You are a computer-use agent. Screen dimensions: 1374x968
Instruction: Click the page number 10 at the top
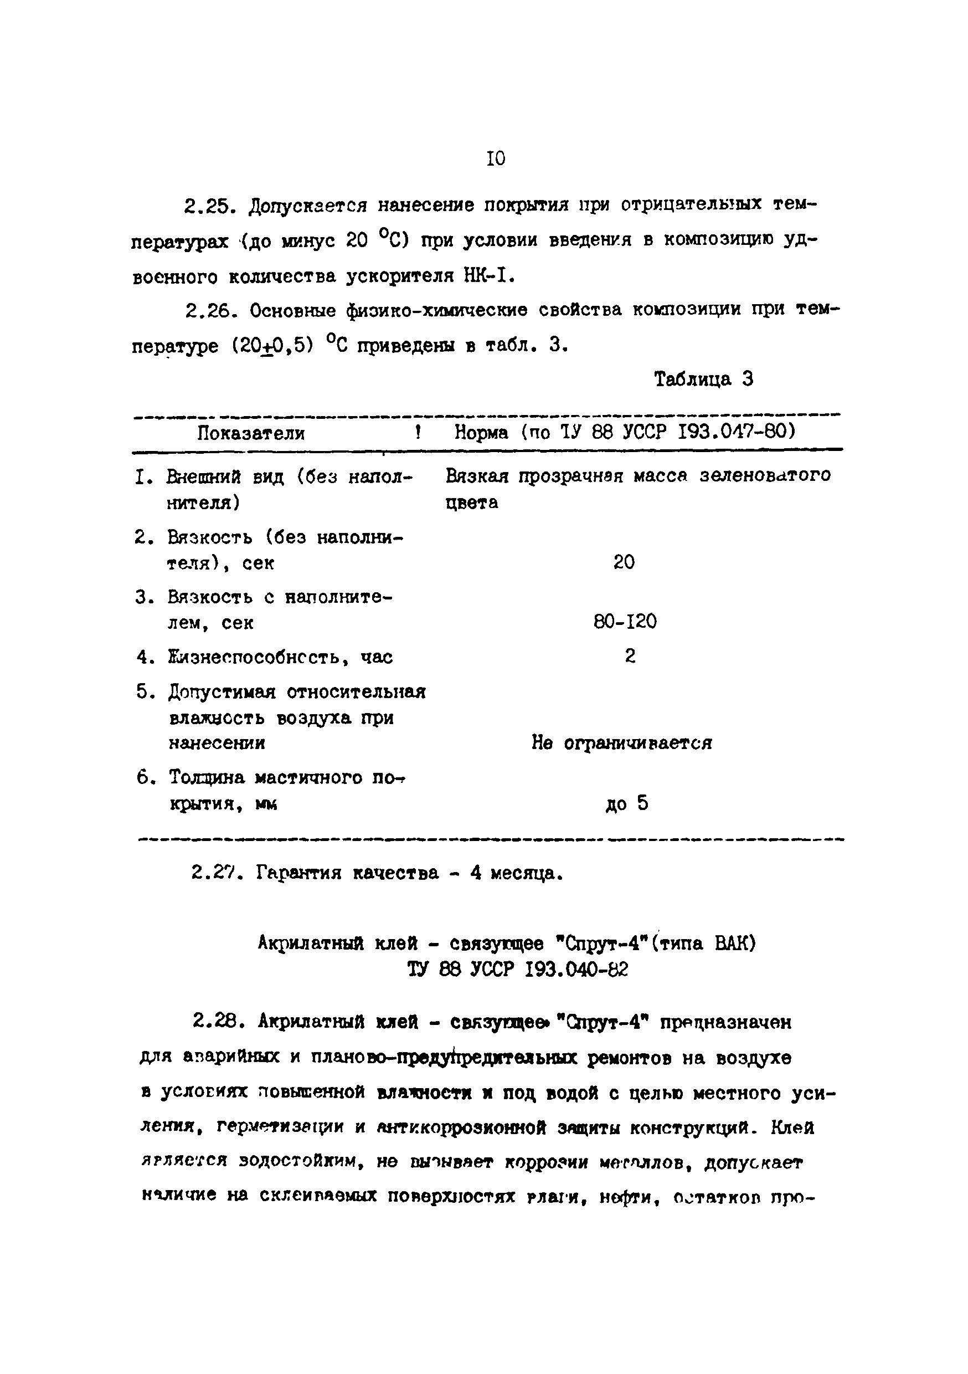pyautogui.click(x=496, y=158)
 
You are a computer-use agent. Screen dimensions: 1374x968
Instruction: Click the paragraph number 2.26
pyautogui.click(x=208, y=311)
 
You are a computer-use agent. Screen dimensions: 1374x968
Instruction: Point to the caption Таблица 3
pyautogui.click(x=703, y=379)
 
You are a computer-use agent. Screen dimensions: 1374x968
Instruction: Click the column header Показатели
pyautogui.click(x=251, y=433)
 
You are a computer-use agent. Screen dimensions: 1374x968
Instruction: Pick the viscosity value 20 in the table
pyautogui.click(x=624, y=562)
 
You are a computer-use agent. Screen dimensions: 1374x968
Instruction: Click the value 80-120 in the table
pyautogui.click(x=625, y=622)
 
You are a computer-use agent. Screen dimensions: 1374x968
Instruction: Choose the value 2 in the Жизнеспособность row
pyautogui.click(x=630, y=657)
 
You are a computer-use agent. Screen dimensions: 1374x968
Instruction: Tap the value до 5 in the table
pyautogui.click(x=626, y=804)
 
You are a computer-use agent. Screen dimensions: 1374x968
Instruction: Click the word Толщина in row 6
pyautogui.click(x=207, y=778)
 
